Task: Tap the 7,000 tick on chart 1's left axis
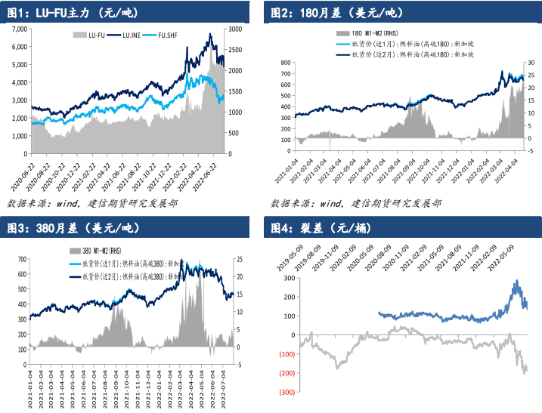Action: point(19,29)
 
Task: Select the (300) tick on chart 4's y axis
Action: point(286,393)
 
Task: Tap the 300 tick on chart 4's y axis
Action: point(287,278)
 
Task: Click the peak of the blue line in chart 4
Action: point(516,282)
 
